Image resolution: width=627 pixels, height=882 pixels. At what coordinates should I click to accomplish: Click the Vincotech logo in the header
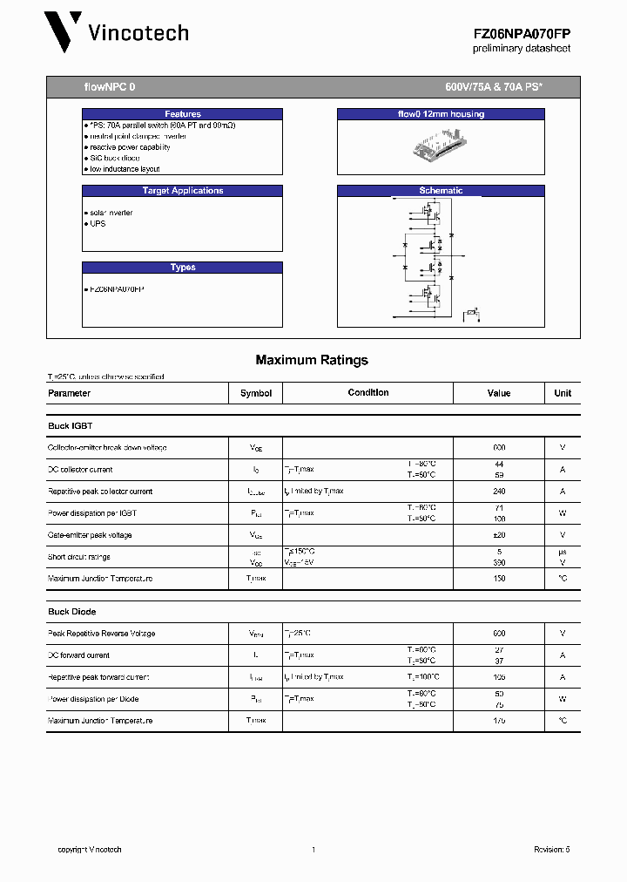tap(117, 33)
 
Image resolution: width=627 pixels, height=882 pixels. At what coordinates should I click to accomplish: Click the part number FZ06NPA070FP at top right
tap(522, 33)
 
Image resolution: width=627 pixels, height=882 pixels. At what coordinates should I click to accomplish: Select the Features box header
tap(183, 114)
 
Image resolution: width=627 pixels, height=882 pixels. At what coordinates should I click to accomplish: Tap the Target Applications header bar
tap(183, 191)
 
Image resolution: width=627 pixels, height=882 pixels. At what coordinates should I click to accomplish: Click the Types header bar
tap(183, 268)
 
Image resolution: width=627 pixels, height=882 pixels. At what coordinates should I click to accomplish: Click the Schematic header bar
tap(441, 191)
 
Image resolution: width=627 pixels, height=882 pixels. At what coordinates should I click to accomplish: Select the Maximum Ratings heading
tap(312, 360)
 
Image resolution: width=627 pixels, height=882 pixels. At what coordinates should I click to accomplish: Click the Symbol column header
tap(256, 393)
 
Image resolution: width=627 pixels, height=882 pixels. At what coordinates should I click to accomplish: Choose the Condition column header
tap(368, 393)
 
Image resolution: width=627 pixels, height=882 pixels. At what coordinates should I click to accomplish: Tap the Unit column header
tap(563, 393)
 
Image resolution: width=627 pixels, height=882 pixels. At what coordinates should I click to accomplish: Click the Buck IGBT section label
tap(70, 425)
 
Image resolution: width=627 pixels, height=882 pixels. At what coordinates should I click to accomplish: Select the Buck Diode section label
tap(71, 612)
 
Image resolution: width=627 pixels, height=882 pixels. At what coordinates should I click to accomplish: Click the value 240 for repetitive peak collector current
tap(499, 492)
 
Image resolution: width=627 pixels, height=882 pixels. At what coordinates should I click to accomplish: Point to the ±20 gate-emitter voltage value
tap(499, 535)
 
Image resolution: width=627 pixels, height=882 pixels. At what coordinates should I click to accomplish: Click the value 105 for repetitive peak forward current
tap(499, 677)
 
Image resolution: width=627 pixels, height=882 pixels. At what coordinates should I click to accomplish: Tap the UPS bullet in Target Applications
tap(97, 223)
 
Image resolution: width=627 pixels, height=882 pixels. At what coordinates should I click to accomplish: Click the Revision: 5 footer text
tap(551, 850)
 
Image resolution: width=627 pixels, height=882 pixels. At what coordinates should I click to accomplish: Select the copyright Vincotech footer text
tap(90, 850)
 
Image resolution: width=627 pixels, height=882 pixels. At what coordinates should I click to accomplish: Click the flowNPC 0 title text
tap(110, 88)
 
